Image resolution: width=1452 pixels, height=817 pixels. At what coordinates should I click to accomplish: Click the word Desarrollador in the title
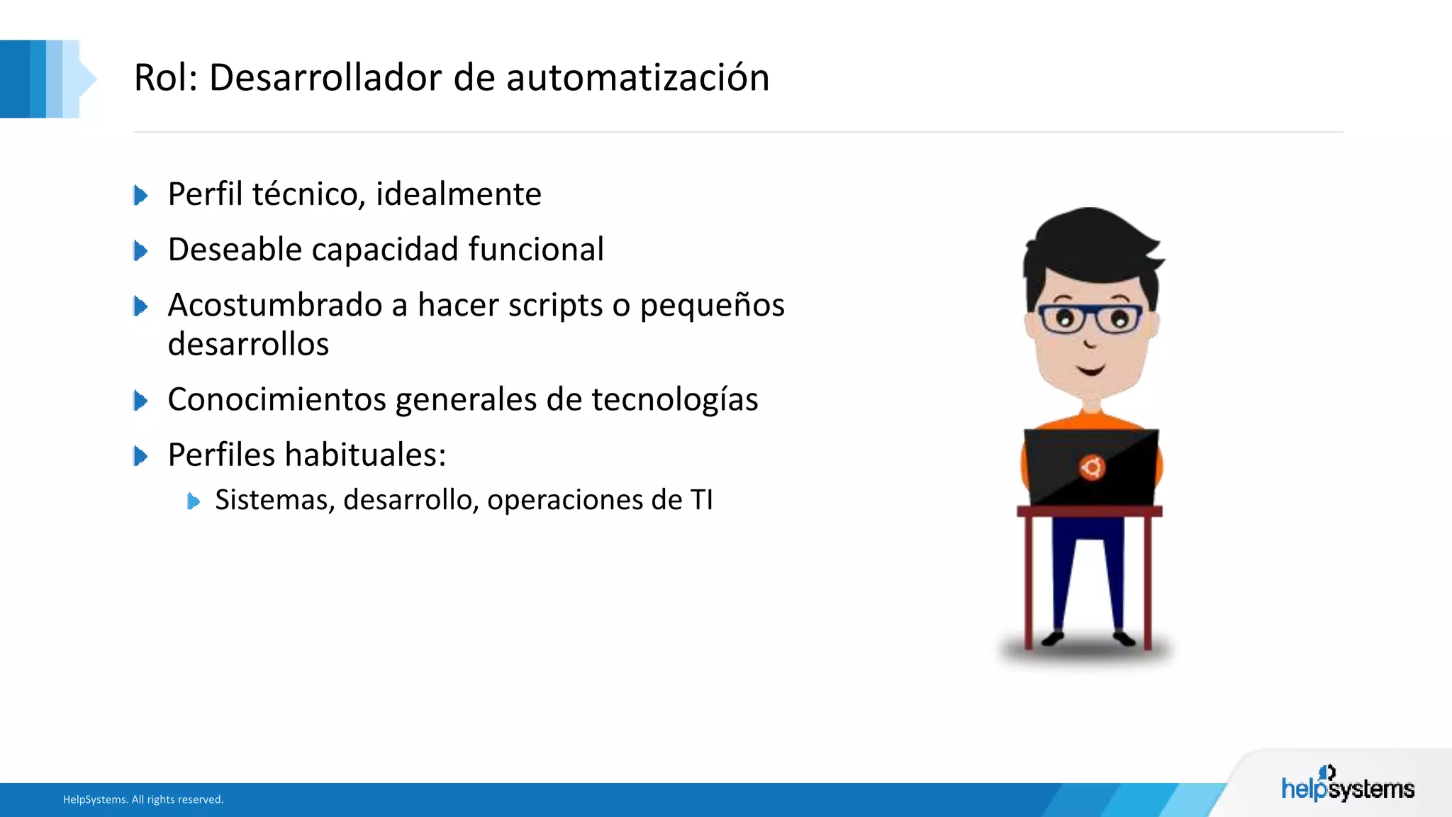[x=325, y=77]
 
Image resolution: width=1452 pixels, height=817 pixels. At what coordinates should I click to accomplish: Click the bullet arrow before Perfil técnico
[x=140, y=195]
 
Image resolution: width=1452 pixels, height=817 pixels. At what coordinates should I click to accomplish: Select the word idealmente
[x=458, y=194]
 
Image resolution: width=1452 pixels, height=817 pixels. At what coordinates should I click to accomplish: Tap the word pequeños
[x=712, y=306]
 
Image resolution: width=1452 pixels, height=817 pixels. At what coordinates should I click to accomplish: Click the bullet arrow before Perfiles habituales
[x=140, y=456]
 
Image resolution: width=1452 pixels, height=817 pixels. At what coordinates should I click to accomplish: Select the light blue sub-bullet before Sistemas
[x=193, y=501]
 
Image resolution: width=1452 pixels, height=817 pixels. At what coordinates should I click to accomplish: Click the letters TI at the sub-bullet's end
[x=701, y=500]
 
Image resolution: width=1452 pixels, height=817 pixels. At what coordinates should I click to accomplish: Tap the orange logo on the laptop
[x=1092, y=467]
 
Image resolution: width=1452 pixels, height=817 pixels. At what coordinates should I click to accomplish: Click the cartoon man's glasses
[x=1090, y=318]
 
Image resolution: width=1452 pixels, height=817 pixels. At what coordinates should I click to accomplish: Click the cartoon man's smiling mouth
[x=1090, y=369]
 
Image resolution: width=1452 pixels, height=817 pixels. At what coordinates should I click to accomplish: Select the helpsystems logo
[x=1347, y=786]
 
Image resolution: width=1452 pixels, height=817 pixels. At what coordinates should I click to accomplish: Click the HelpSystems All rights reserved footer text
[x=143, y=799]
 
